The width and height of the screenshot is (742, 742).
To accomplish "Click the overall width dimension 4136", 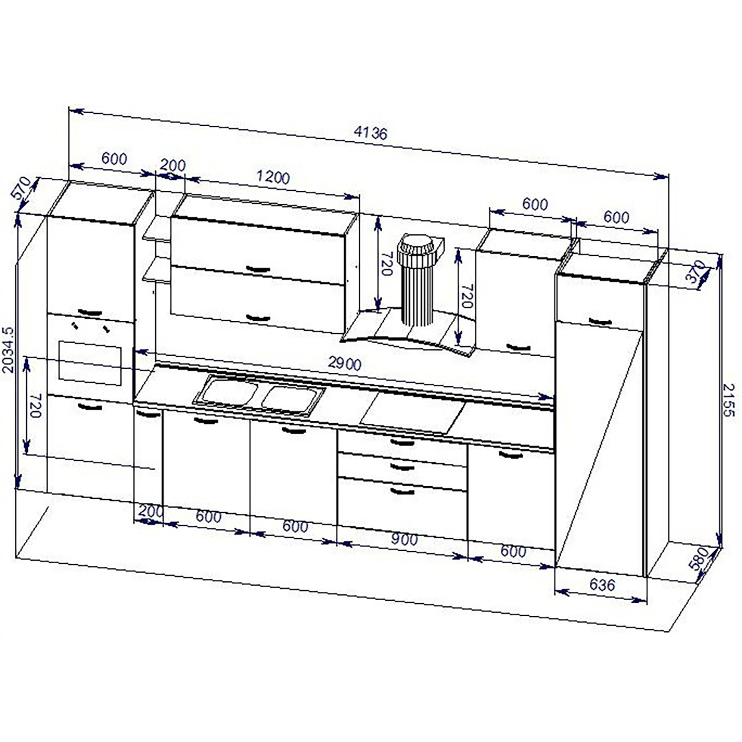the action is pyautogui.click(x=371, y=133).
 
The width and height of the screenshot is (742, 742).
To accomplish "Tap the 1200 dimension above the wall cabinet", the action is pyautogui.click(x=273, y=177).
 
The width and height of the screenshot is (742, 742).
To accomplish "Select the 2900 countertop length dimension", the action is pyautogui.click(x=345, y=363).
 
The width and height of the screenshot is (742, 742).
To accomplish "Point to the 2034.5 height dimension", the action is pyautogui.click(x=8, y=350).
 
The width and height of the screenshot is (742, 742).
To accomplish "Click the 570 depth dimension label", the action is pyautogui.click(x=22, y=187).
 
